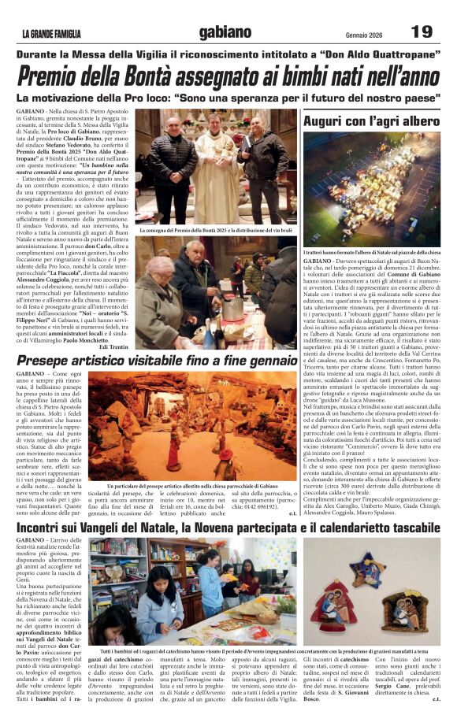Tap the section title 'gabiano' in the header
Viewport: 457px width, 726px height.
coord(225,31)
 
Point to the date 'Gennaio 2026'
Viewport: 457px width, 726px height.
coord(368,33)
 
